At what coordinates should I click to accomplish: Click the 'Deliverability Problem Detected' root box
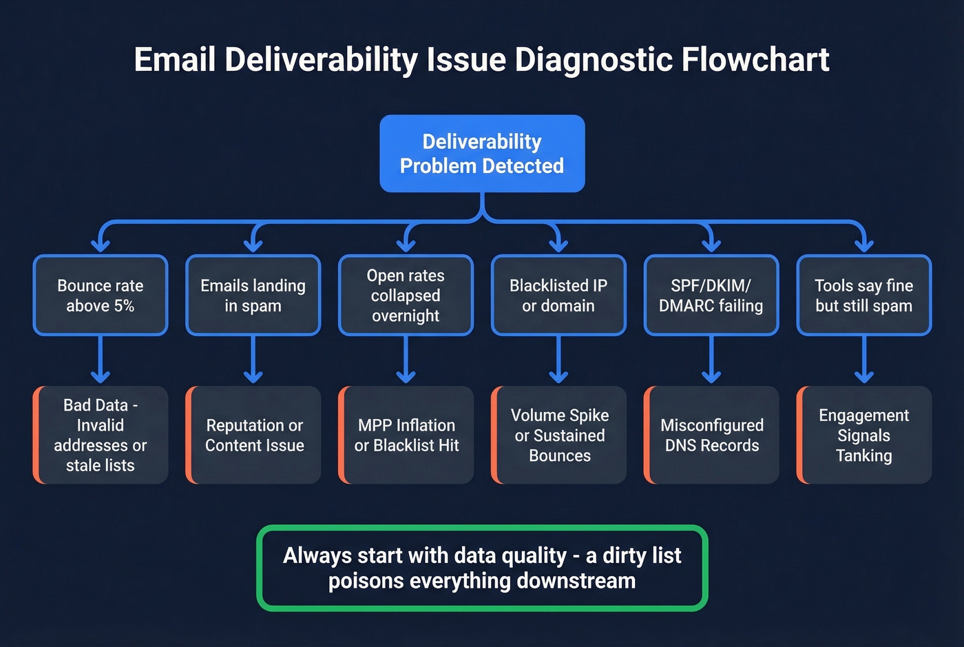pyautogui.click(x=482, y=154)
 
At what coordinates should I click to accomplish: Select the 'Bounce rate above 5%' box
pyautogui.click(x=101, y=296)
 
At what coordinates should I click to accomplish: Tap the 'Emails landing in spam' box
pyautogui.click(x=253, y=296)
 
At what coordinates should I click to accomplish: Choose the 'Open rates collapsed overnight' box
pyautogui.click(x=406, y=296)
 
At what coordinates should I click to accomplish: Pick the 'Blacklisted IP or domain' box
pyautogui.click(x=558, y=296)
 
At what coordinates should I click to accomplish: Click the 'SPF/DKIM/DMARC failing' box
pyautogui.click(x=711, y=296)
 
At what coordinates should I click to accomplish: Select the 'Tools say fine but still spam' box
pyautogui.click(x=864, y=296)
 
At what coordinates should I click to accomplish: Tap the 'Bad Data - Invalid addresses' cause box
pyautogui.click(x=101, y=435)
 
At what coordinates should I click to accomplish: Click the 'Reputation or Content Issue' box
pyautogui.click(x=254, y=435)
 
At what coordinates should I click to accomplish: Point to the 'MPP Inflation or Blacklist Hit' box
pyautogui.click(x=406, y=435)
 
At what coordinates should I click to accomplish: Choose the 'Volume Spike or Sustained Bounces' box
pyautogui.click(x=560, y=435)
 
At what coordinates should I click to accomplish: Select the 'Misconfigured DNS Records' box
pyautogui.click(x=712, y=435)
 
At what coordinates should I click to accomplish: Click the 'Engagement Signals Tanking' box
pyautogui.click(x=864, y=435)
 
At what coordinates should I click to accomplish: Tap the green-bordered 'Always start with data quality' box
pyautogui.click(x=482, y=568)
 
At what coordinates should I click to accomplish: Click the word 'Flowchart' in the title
pyautogui.click(x=755, y=60)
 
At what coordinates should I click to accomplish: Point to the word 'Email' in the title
pyautogui.click(x=174, y=60)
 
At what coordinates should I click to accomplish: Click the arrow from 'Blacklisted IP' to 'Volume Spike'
pyautogui.click(x=558, y=359)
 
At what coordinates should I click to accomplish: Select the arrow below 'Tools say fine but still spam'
pyautogui.click(x=864, y=359)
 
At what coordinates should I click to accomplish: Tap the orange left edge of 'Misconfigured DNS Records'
pyautogui.click(x=647, y=435)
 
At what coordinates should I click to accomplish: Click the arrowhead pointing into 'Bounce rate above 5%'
pyautogui.click(x=101, y=245)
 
